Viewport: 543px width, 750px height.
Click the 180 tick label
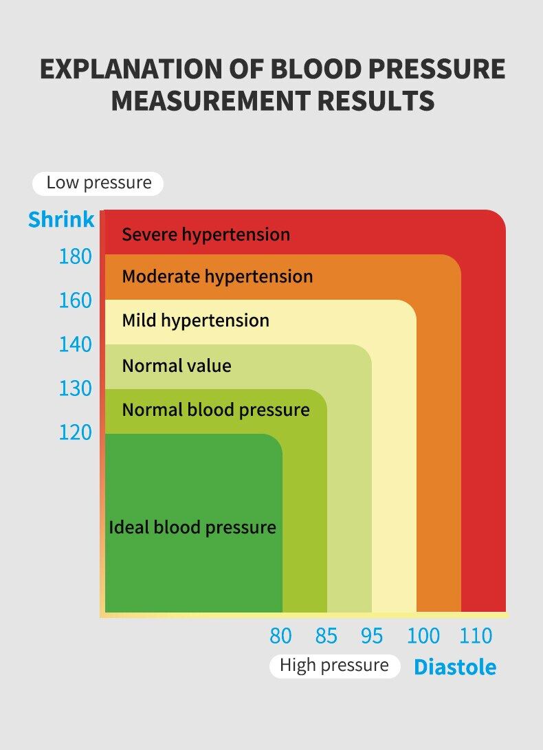coord(75,257)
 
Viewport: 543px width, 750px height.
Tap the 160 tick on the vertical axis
coord(75,301)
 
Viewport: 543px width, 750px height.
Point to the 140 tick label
coord(75,345)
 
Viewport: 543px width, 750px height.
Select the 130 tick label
coord(75,389)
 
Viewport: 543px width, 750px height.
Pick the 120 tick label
coord(75,433)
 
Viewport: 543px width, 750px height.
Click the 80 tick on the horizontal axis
coord(280,637)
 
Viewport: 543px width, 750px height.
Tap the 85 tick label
coord(326,637)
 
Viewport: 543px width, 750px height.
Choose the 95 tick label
coord(372,637)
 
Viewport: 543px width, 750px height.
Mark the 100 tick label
coord(423,637)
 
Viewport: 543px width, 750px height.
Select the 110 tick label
coord(476,637)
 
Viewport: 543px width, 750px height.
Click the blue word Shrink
coord(61,220)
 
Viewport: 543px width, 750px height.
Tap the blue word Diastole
coord(454,667)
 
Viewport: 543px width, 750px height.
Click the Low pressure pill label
coord(98,183)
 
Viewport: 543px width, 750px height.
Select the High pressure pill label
coord(334,665)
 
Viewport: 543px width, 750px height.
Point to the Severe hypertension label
coord(206,235)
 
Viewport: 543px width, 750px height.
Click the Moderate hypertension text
coord(217,277)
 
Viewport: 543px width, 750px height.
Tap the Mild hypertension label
coord(195,321)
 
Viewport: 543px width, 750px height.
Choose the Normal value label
coord(177,366)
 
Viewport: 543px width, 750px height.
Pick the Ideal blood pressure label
coord(192,528)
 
